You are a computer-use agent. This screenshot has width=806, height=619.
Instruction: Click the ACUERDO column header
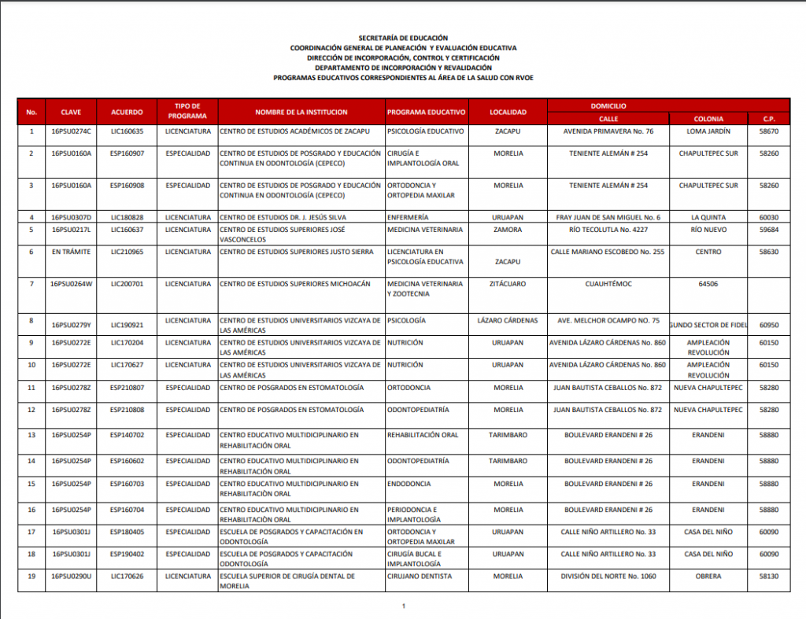coord(127,112)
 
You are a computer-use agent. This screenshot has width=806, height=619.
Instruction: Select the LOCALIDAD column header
coord(508,112)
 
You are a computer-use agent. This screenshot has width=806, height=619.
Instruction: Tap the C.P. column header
coord(769,119)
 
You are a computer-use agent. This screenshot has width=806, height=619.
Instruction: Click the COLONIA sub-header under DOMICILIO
coord(708,119)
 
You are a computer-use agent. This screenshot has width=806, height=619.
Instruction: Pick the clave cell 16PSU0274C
coord(72,131)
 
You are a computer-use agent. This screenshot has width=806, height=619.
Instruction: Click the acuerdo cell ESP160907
coord(127,153)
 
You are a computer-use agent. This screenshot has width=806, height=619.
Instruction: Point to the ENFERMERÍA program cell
coord(408,217)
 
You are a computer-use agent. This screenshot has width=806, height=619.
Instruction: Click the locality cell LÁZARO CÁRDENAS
coord(508,321)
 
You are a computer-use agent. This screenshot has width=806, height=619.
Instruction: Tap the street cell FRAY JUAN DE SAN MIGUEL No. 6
coord(608,217)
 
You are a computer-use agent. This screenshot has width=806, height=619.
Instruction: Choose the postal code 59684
coord(769,230)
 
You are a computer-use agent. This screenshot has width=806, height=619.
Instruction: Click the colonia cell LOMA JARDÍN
coord(708,131)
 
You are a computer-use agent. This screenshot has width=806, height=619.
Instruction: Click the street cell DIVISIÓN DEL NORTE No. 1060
coord(608,576)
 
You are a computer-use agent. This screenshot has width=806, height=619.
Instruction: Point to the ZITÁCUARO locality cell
coord(508,283)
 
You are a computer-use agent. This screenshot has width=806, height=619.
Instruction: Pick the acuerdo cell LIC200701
coord(127,283)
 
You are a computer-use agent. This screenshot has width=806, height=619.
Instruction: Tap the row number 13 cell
coord(31,435)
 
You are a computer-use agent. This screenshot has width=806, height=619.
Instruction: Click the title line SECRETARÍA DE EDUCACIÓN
coord(403,38)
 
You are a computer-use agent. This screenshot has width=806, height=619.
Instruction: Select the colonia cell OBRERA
coord(708,576)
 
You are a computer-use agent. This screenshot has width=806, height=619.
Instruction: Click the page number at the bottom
coord(403,606)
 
